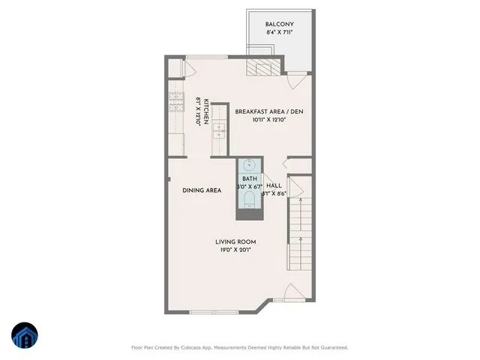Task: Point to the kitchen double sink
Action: point(220,132)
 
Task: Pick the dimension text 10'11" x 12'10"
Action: point(269,120)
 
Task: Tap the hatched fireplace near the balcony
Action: point(260,69)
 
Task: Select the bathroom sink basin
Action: point(249,166)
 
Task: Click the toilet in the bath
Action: point(249,199)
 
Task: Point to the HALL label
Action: point(274,184)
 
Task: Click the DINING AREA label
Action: point(201,190)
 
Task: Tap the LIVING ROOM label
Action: point(235,241)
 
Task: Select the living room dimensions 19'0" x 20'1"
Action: point(235,250)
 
